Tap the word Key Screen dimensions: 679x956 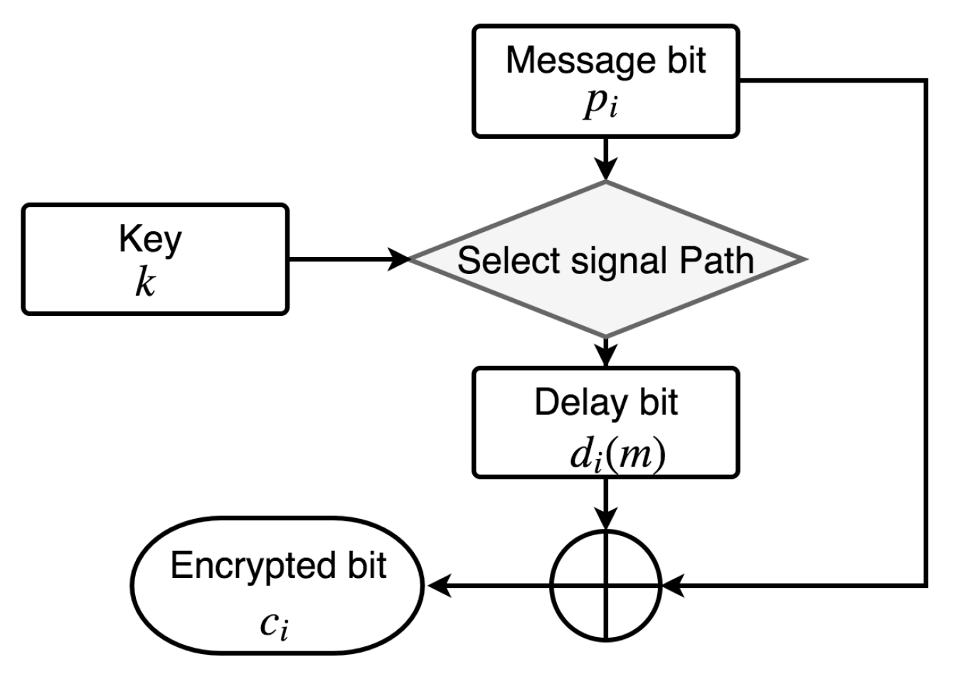coord(150,240)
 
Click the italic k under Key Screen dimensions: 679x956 coord(145,283)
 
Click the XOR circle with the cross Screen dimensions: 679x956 coord(606,586)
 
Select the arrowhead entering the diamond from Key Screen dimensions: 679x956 coord(400,259)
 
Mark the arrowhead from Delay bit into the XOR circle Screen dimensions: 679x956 coord(606,520)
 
